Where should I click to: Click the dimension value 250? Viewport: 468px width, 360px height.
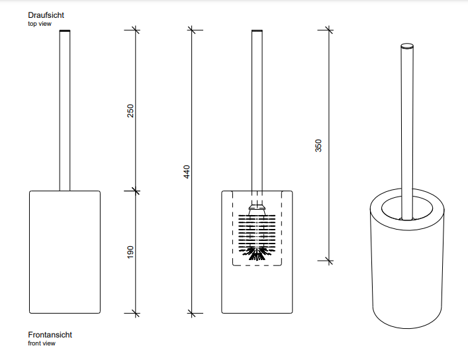click(x=130, y=111)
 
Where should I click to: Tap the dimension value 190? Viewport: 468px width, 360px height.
click(x=130, y=252)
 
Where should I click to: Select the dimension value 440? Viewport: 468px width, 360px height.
click(x=187, y=171)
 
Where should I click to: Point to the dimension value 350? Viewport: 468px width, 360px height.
click(x=318, y=146)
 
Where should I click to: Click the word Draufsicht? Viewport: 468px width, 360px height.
click(x=46, y=15)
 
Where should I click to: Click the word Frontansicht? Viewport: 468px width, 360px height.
click(x=50, y=335)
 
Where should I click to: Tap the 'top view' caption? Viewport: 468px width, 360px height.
click(x=40, y=24)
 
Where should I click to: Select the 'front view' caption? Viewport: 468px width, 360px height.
click(x=42, y=343)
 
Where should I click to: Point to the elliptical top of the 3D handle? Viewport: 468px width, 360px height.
click(x=407, y=46)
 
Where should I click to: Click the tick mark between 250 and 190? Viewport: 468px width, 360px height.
click(x=136, y=191)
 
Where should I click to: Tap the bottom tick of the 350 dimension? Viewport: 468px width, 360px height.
click(x=329, y=261)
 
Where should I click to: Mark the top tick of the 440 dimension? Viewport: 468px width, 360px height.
click(x=191, y=30)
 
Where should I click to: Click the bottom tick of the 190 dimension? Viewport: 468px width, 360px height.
click(x=136, y=314)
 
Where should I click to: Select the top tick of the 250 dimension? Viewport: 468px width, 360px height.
click(x=136, y=30)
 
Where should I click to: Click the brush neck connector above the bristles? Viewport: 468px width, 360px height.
click(x=257, y=210)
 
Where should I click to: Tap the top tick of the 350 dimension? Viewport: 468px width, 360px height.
click(x=329, y=30)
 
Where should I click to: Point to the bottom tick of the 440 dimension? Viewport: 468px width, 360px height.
click(x=191, y=314)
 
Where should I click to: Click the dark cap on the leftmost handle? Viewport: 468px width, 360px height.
click(x=65, y=30)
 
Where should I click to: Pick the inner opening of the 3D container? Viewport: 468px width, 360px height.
click(x=407, y=208)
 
